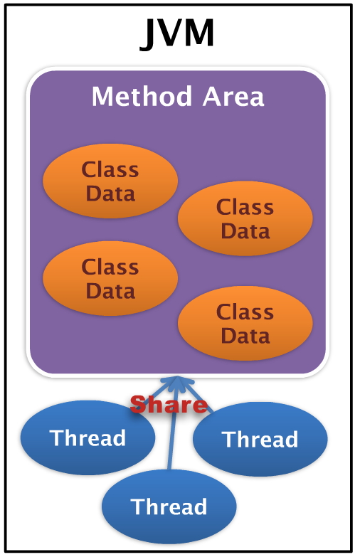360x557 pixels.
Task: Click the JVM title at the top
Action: pyautogui.click(x=178, y=33)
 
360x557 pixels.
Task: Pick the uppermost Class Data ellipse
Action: pyautogui.click(x=110, y=181)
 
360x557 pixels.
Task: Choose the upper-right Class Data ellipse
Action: pyautogui.click(x=245, y=219)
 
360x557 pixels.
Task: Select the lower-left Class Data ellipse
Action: pyautogui.click(x=110, y=279)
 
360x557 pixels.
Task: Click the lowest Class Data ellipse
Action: pyautogui.click(x=245, y=324)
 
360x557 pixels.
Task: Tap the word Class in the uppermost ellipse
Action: pyautogui.click(x=110, y=170)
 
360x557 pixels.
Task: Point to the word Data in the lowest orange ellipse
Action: pyautogui.click(x=245, y=335)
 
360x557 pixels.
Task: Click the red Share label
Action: pyautogui.click(x=169, y=405)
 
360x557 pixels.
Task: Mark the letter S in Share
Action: pyautogui.click(x=139, y=405)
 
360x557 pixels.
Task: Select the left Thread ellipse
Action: pyautogui.click(x=88, y=437)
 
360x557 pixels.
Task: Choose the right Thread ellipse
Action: pyautogui.click(x=260, y=439)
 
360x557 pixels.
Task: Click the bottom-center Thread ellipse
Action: pyautogui.click(x=169, y=506)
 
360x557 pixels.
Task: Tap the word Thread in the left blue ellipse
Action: pyautogui.click(x=88, y=437)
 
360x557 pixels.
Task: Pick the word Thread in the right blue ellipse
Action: pyautogui.click(x=260, y=439)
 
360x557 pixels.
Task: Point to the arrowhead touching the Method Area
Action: pyautogui.click(x=173, y=382)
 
